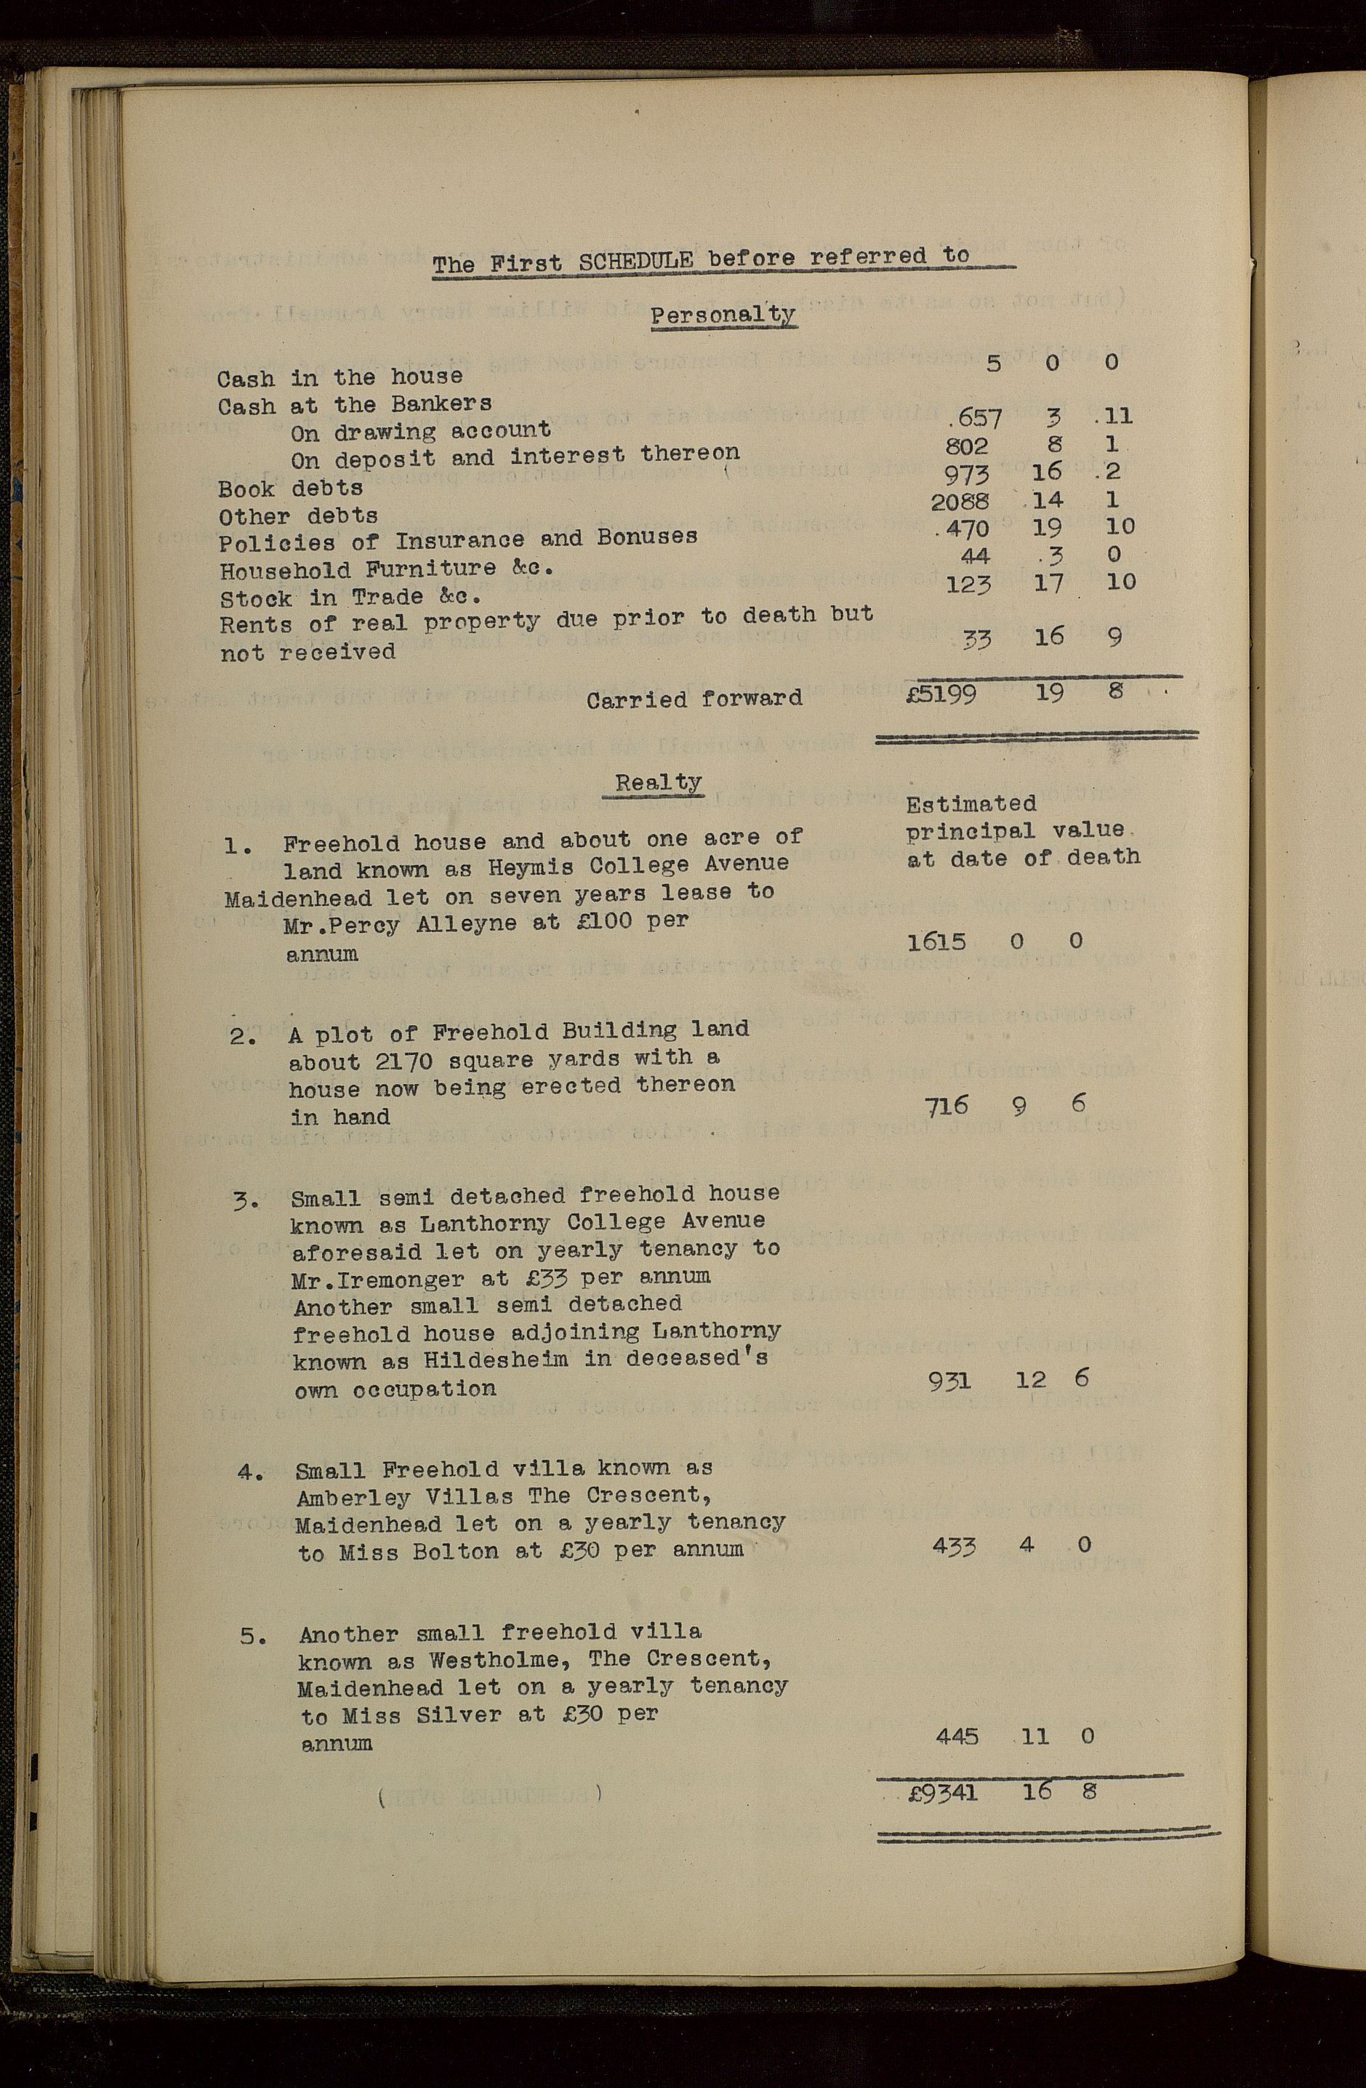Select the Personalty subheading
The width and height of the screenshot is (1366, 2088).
tap(723, 314)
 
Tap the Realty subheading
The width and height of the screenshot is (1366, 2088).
tap(658, 782)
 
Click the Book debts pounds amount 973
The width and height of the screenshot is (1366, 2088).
tap(966, 474)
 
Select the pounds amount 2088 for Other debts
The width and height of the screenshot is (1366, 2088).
tap(960, 501)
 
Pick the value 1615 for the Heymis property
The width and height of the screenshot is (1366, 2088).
tap(936, 942)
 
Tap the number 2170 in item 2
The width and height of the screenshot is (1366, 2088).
tap(403, 1061)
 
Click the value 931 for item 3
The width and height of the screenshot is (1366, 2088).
tap(949, 1382)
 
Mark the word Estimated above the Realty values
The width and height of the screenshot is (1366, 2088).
tap(971, 803)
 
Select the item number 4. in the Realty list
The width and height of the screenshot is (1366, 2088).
tap(250, 1471)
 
